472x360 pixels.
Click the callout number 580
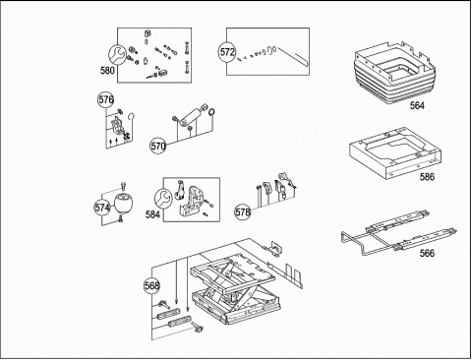click(107, 71)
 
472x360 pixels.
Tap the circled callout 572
click(227, 52)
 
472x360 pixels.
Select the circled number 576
click(106, 99)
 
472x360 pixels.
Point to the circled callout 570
click(158, 147)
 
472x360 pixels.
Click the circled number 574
click(102, 208)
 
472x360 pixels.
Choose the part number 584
click(152, 214)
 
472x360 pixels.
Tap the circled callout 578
click(243, 212)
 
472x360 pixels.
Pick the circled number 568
click(151, 286)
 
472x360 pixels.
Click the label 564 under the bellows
click(417, 105)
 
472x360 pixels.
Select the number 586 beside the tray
click(427, 177)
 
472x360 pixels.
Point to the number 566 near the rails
click(427, 253)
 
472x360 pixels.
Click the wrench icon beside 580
click(117, 54)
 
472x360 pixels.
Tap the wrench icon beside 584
click(163, 199)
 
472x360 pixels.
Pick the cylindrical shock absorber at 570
click(192, 117)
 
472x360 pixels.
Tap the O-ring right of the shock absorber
click(211, 112)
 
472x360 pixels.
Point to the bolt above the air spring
click(123, 187)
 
